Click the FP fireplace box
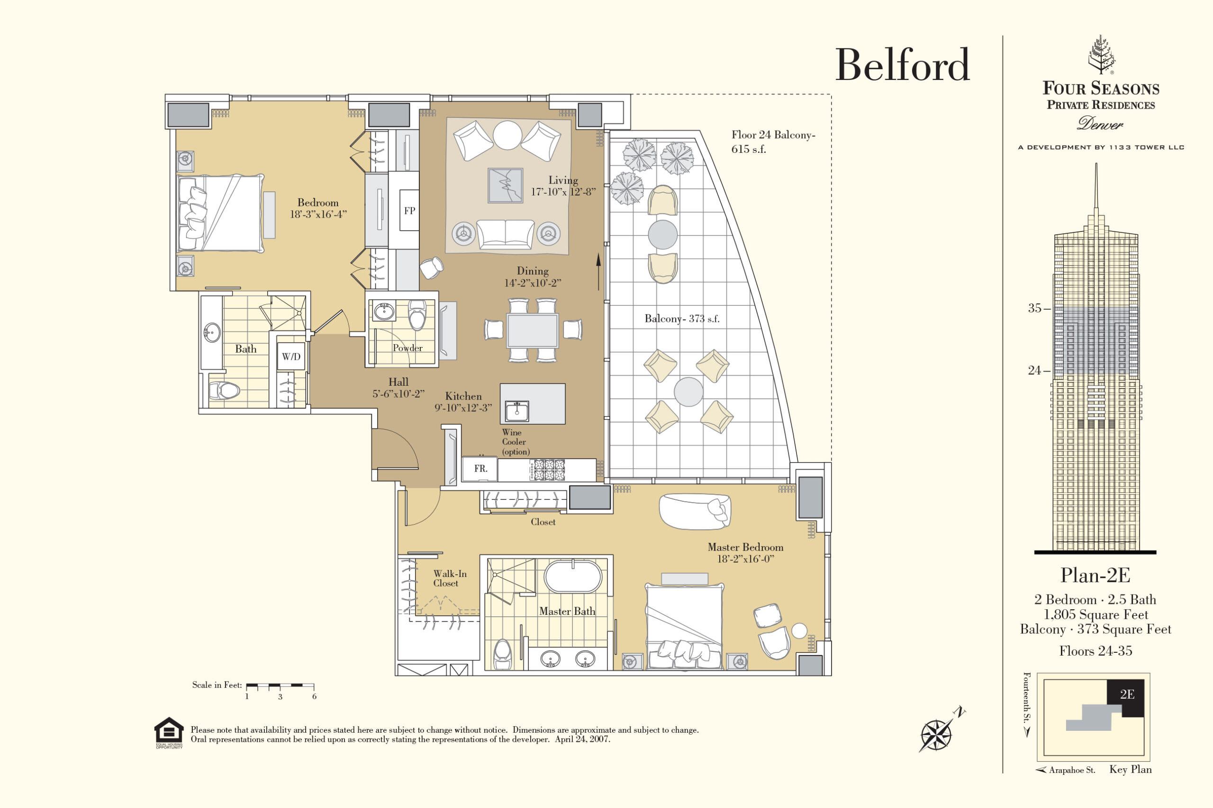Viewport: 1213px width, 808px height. tap(409, 210)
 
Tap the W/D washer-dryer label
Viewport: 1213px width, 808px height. tap(291, 356)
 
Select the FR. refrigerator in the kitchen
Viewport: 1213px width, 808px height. tap(480, 469)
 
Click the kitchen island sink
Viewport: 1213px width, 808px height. tap(517, 411)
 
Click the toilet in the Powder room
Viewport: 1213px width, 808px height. tap(416, 315)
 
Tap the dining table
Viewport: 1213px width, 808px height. tap(533, 330)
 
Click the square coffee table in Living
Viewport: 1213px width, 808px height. tap(506, 186)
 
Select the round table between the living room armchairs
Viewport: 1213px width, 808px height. tap(507, 135)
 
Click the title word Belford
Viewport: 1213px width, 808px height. tap(903, 65)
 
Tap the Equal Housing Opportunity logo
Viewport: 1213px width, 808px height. tap(169, 732)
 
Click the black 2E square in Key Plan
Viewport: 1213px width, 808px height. tap(1126, 698)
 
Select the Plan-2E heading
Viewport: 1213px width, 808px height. tap(1095, 575)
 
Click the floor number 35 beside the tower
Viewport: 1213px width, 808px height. tap(1034, 308)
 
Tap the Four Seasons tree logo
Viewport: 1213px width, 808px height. tap(1102, 54)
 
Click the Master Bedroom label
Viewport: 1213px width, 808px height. tap(745, 548)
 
